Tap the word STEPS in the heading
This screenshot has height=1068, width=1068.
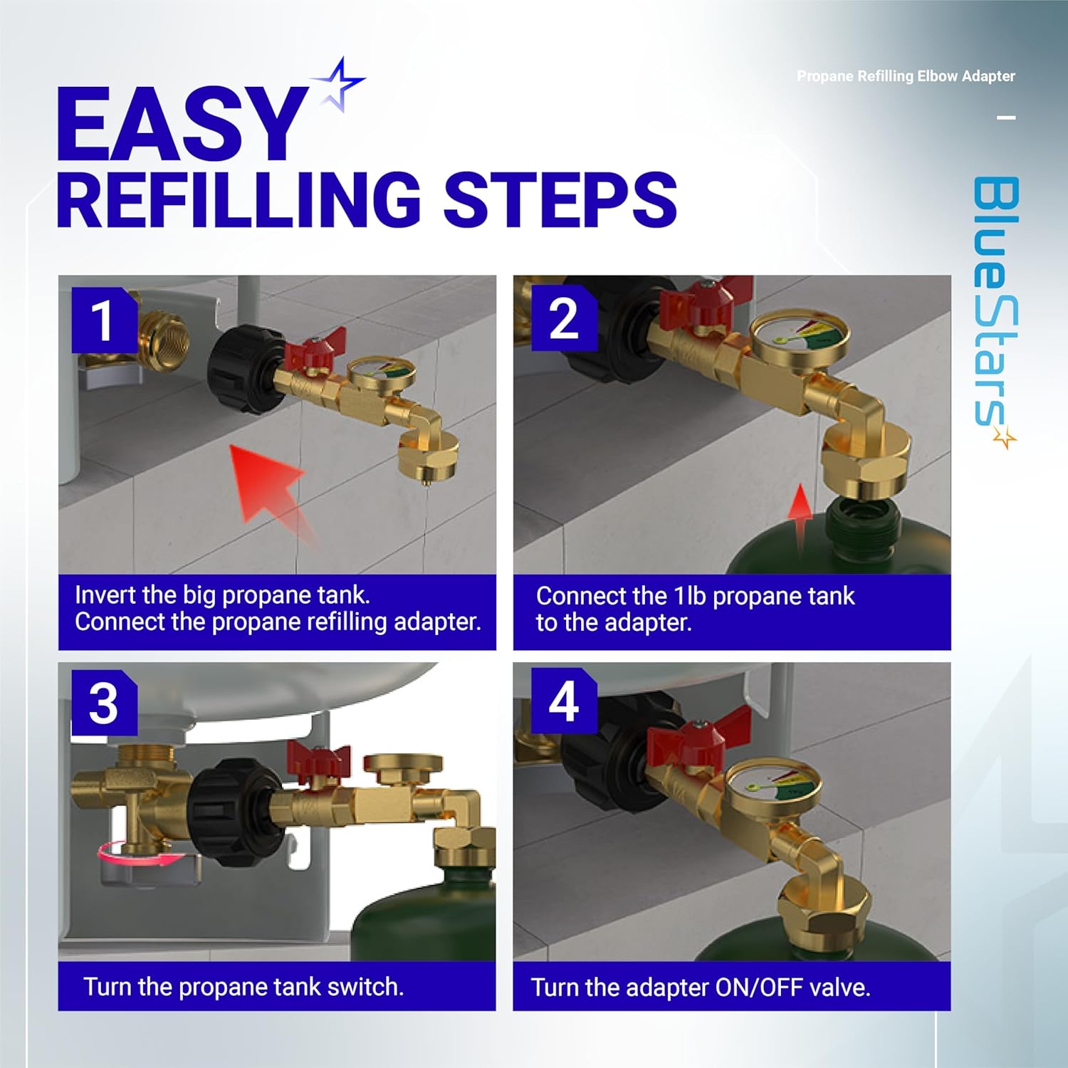[x=560, y=200]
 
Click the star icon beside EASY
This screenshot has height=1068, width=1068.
[x=339, y=84]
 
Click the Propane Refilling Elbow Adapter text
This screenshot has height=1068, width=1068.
[x=906, y=76]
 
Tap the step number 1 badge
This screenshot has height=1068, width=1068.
[x=103, y=320]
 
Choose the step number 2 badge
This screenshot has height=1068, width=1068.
[x=564, y=318]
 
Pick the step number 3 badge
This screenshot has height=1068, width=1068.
[x=104, y=703]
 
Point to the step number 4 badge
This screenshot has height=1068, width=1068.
[x=564, y=702]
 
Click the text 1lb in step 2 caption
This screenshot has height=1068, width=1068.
[x=690, y=596]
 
